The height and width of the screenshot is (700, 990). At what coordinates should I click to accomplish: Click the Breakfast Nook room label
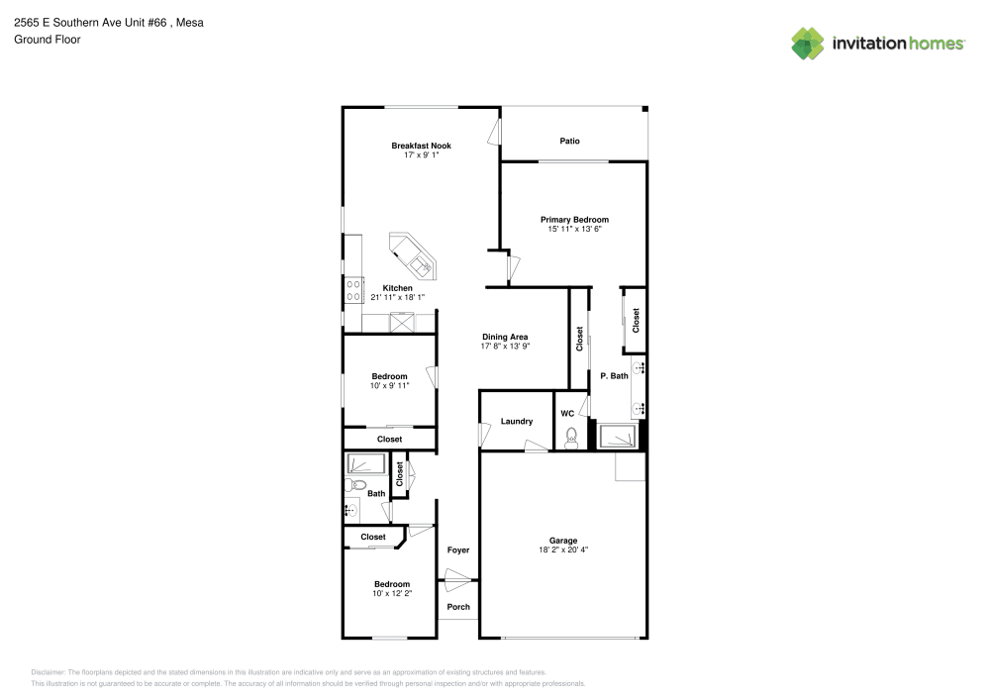click(421, 146)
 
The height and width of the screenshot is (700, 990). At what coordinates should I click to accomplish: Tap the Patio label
click(569, 141)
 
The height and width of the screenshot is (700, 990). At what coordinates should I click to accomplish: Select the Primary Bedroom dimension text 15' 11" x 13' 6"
click(574, 229)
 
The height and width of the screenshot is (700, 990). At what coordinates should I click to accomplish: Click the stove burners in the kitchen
click(353, 290)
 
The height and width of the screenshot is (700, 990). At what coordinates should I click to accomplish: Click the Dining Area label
click(505, 337)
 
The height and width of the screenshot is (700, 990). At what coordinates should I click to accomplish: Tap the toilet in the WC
click(571, 438)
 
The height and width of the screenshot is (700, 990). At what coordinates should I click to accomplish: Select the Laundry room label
click(517, 421)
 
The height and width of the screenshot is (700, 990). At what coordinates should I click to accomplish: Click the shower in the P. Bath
click(617, 437)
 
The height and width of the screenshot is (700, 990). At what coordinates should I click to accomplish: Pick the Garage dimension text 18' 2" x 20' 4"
click(563, 550)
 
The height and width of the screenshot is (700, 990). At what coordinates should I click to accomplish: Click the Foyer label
click(458, 550)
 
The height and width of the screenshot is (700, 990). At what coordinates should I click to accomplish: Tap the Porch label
click(458, 607)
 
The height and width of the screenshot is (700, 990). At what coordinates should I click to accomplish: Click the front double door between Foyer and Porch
click(457, 580)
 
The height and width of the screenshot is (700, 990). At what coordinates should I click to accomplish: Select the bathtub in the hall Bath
click(365, 464)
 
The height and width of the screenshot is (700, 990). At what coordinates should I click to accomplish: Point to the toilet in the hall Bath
click(355, 485)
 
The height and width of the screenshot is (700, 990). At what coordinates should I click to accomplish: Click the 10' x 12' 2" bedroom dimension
click(392, 593)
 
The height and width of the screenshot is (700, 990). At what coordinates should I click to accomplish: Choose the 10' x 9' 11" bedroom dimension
click(389, 386)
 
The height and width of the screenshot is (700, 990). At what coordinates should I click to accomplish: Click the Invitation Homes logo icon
click(808, 44)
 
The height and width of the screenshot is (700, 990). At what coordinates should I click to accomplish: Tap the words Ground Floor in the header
click(48, 40)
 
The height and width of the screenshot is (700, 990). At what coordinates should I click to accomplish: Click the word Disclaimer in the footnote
click(48, 672)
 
